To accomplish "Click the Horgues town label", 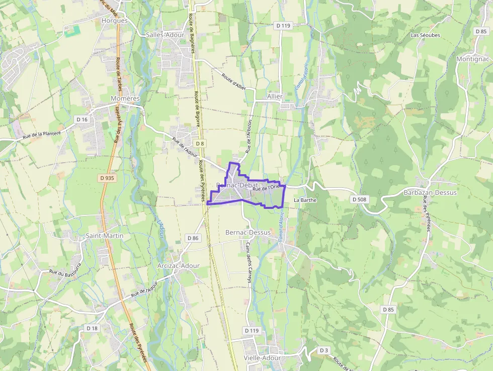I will [x=115, y=21].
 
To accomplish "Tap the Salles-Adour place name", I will [x=165, y=35].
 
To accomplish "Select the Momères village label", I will [x=125, y=98].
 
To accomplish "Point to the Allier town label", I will [x=275, y=96].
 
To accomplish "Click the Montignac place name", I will [x=472, y=58].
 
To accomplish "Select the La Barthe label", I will [x=305, y=200].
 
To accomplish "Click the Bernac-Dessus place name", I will [x=248, y=233].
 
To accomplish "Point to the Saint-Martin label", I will [x=104, y=235].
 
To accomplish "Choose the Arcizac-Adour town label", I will [x=178, y=265].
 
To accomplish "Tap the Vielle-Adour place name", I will [x=262, y=357].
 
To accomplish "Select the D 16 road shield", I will [x=81, y=119].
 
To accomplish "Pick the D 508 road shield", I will [x=360, y=199].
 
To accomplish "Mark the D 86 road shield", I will [x=193, y=238].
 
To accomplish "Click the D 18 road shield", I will [x=92, y=328].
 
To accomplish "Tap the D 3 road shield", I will [x=324, y=350].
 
